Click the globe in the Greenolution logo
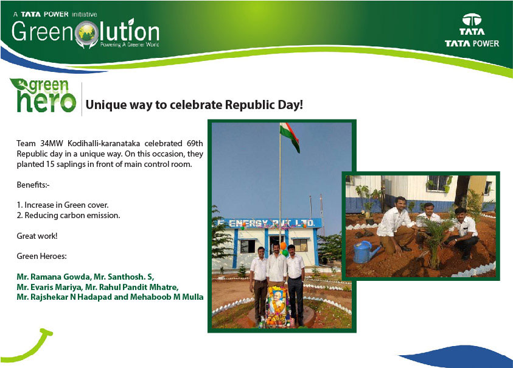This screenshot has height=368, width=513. (x=86, y=32)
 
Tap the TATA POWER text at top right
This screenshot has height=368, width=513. (x=472, y=44)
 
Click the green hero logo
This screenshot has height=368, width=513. (x=43, y=96)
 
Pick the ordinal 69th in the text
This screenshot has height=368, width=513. (x=195, y=144)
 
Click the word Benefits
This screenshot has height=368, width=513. (x=32, y=185)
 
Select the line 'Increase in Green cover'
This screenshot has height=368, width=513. (x=66, y=205)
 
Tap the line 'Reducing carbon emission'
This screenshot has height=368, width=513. (x=72, y=215)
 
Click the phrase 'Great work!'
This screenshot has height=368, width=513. (x=37, y=236)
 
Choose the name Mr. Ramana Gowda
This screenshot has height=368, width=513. (x=54, y=277)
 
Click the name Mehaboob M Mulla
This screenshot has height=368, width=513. (x=167, y=297)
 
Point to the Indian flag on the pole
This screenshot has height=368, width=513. (x=290, y=136)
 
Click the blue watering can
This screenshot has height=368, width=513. (x=365, y=252)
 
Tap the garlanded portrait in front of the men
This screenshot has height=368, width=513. (x=277, y=305)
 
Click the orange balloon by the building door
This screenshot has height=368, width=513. (x=284, y=246)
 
